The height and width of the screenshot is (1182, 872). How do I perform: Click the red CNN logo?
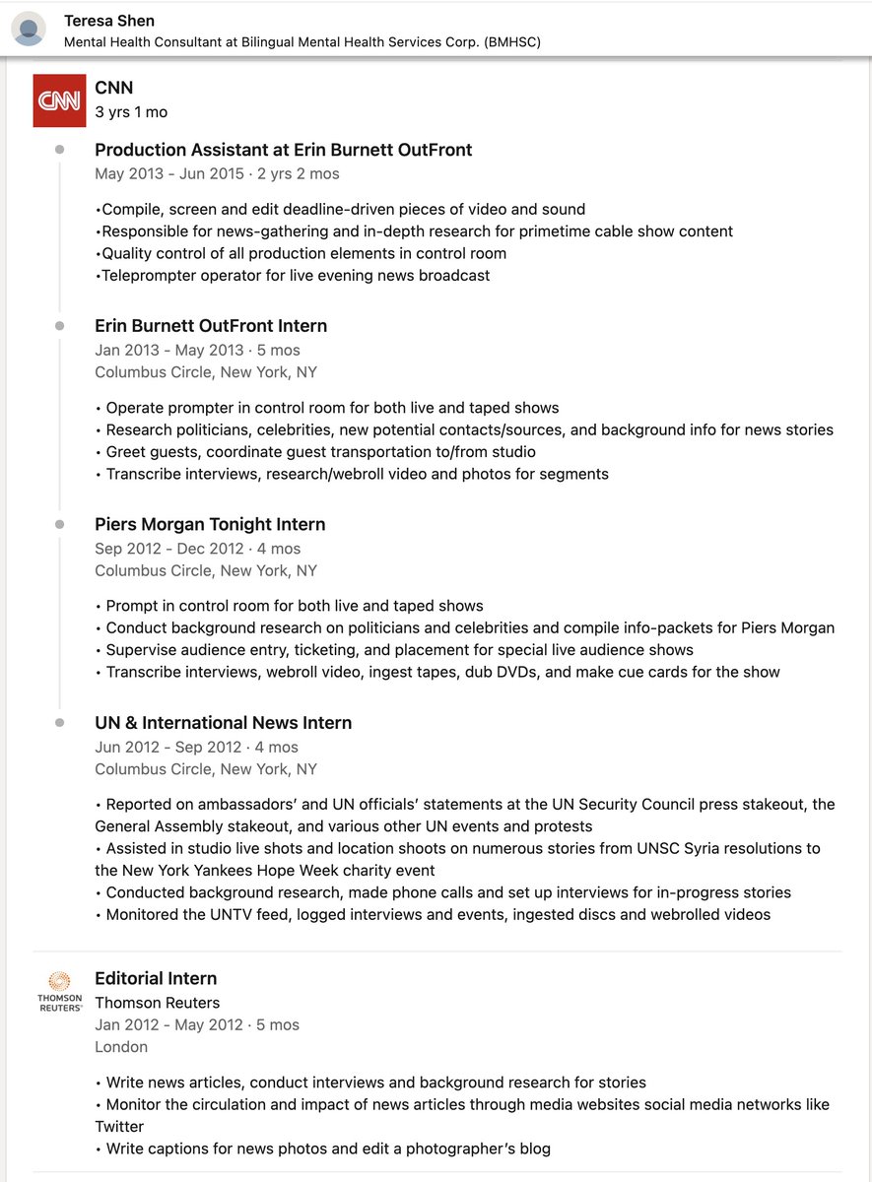(60, 100)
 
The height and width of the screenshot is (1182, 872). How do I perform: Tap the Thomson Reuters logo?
(60, 991)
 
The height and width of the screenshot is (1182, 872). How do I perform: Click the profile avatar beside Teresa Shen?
(29, 29)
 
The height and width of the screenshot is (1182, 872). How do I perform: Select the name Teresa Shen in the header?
(109, 21)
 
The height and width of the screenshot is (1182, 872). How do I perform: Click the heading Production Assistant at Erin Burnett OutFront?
(283, 150)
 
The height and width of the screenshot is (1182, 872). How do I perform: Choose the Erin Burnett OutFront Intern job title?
(211, 326)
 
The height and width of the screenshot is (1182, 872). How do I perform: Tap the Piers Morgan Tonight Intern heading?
(210, 524)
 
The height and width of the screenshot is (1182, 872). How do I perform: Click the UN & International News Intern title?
(223, 722)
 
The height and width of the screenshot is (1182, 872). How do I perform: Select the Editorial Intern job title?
(156, 978)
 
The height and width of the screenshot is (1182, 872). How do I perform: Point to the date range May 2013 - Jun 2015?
(169, 173)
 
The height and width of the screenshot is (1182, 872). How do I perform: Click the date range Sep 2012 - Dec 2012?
(168, 549)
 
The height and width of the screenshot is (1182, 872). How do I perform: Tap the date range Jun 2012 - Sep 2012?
(168, 747)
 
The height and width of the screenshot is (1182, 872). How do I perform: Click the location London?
(121, 1047)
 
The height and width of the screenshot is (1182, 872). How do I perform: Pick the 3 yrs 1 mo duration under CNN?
(131, 112)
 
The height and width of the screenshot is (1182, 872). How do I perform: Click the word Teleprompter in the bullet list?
(148, 276)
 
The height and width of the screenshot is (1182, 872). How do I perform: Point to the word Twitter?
(119, 1126)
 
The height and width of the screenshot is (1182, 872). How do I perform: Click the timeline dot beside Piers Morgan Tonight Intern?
(60, 524)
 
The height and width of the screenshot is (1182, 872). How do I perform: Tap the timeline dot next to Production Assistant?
(60, 150)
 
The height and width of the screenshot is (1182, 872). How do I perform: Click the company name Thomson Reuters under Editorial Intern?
(157, 1003)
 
